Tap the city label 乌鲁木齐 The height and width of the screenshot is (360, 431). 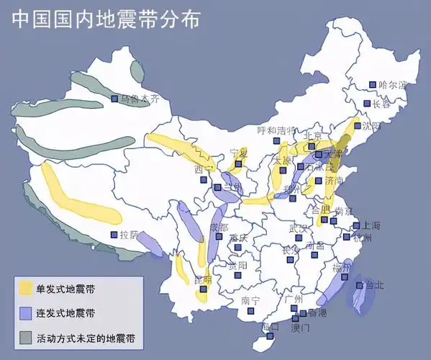(x=147, y=99)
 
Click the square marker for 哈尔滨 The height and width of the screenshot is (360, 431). (x=373, y=85)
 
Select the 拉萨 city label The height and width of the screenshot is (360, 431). (x=130, y=235)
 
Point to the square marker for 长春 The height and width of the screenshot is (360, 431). (x=367, y=104)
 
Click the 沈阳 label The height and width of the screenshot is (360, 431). (x=371, y=125)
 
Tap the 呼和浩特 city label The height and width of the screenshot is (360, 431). (x=276, y=130)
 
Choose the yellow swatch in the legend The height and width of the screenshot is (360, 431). (x=26, y=289)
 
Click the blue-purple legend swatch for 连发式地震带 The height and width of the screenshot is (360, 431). (x=26, y=313)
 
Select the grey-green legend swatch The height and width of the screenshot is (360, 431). (x=26, y=337)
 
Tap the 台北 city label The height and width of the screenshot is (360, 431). (x=375, y=285)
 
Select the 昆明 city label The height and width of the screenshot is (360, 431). (x=203, y=279)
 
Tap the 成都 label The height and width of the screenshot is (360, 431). (x=219, y=228)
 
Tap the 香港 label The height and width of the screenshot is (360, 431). (x=317, y=314)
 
